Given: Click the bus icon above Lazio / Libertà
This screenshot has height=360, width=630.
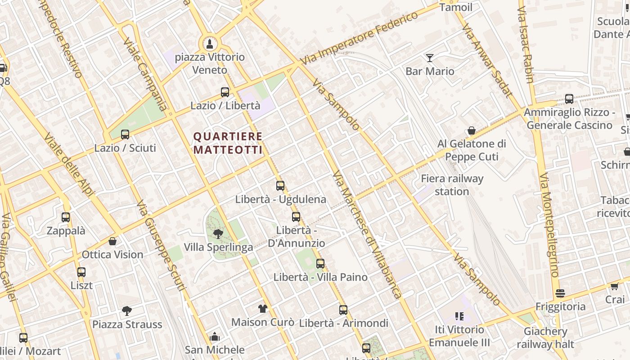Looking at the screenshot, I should pyautogui.click(x=225, y=92).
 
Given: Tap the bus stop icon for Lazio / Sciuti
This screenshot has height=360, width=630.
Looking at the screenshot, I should pyautogui.click(x=125, y=134).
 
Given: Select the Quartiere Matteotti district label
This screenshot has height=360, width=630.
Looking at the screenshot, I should pyautogui.click(x=228, y=143).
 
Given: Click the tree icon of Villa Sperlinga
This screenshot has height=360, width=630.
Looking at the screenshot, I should pyautogui.click(x=218, y=234).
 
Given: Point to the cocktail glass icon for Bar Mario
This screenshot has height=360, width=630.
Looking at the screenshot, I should pyautogui.click(x=430, y=58).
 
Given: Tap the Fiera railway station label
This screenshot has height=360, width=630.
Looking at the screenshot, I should pyautogui.click(x=452, y=185).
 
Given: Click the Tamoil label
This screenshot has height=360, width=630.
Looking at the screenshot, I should pyautogui.click(x=456, y=7).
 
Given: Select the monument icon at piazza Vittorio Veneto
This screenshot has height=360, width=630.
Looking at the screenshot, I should pyautogui.click(x=209, y=44).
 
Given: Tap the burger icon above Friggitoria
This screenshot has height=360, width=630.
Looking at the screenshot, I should pyautogui.click(x=560, y=293).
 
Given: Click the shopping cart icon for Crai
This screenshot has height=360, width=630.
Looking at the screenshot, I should pyautogui.click(x=615, y=286).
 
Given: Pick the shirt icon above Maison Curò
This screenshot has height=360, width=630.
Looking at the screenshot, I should pyautogui.click(x=263, y=309).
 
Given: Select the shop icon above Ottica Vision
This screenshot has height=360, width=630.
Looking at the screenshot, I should pyautogui.click(x=112, y=241).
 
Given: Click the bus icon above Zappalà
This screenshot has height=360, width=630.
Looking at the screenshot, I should pyautogui.click(x=66, y=217).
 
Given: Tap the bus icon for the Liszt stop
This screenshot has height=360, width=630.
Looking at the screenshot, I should pyautogui.click(x=81, y=272).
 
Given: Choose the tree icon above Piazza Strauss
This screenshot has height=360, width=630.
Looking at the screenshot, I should pyautogui.click(x=127, y=310).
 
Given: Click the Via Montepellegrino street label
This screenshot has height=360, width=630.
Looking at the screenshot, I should pyautogui.click(x=549, y=225).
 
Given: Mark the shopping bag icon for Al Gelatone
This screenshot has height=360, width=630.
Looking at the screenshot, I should pyautogui.click(x=472, y=130).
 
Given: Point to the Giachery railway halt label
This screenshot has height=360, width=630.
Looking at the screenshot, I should pyautogui.click(x=545, y=338).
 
